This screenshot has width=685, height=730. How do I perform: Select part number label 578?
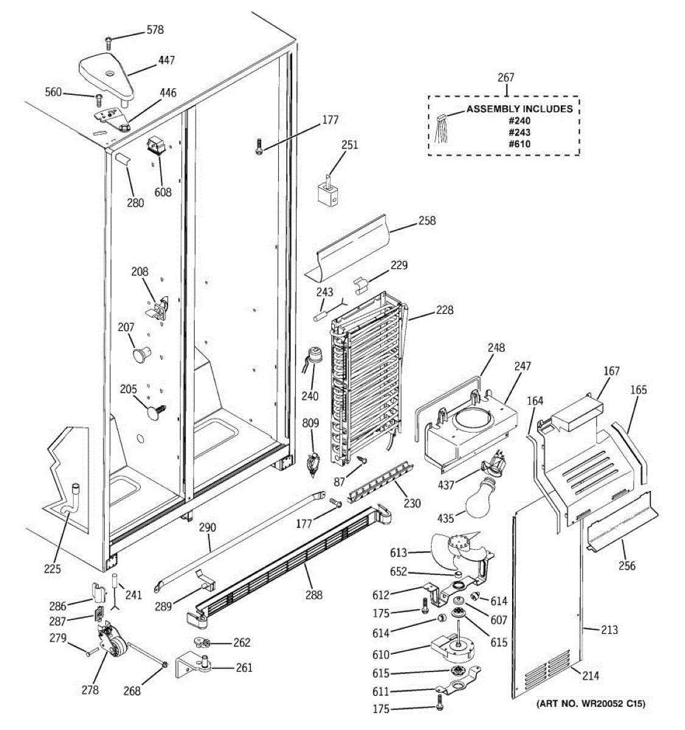[155, 30]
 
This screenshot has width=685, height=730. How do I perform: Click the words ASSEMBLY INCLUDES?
[519, 109]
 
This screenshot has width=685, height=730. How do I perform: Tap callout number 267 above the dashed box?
[505, 77]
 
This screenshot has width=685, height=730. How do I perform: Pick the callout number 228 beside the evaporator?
[444, 310]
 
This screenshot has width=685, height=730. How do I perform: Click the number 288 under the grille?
[314, 595]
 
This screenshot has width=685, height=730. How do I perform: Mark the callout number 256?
[627, 566]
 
